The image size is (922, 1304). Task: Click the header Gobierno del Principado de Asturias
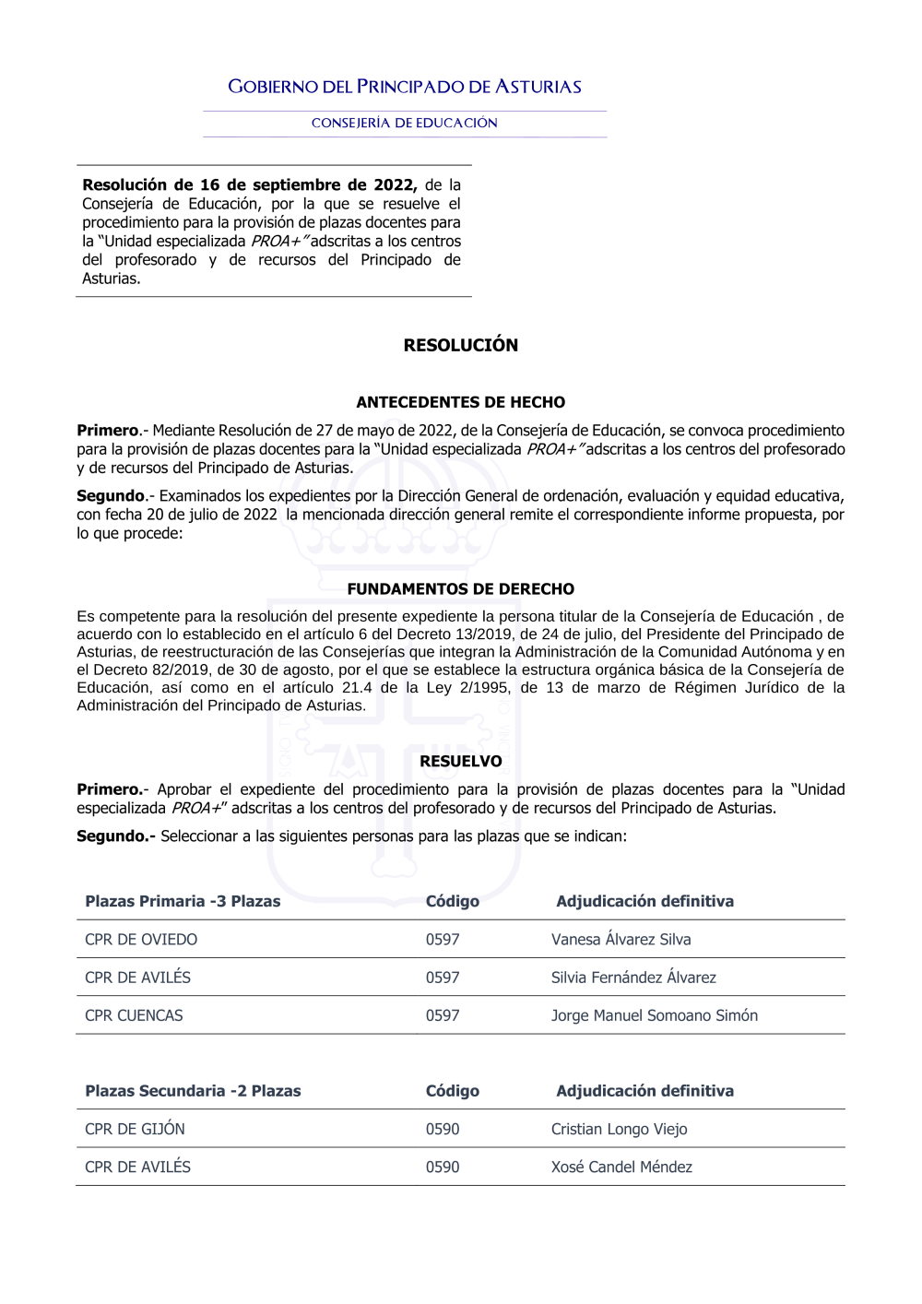[405, 87]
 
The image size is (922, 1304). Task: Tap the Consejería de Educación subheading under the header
[405, 123]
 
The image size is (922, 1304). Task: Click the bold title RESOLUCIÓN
[460, 345]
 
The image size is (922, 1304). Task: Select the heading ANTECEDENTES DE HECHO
[460, 402]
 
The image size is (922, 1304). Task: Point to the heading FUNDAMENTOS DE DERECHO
[460, 588]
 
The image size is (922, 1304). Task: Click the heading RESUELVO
[460, 761]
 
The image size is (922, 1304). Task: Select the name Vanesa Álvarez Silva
[621, 940]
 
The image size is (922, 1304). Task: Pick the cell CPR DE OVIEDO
[141, 940]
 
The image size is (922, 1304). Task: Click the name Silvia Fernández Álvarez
[633, 978]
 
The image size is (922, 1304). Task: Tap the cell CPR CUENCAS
[134, 1015]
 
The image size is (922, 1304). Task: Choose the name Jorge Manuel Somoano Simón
[654, 1015]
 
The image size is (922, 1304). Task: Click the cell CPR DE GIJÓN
[135, 1129]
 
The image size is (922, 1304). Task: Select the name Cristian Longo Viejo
[619, 1129]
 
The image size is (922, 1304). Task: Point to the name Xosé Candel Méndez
[621, 1167]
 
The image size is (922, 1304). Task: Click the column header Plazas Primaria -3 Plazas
[183, 901]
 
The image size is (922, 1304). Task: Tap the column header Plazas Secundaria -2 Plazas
[193, 1091]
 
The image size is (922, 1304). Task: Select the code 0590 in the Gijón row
[443, 1129]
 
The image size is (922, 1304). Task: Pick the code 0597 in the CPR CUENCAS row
[443, 1015]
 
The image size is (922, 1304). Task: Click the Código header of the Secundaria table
[452, 1091]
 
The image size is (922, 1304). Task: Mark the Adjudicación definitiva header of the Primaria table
[644, 901]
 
